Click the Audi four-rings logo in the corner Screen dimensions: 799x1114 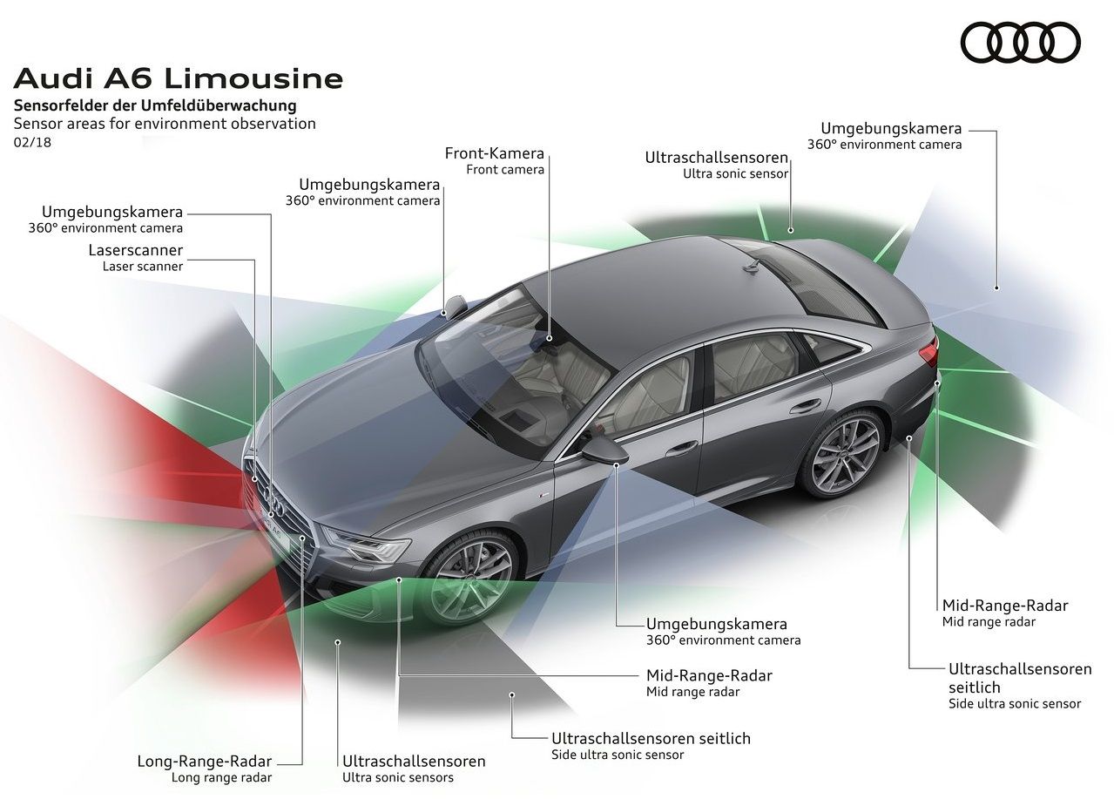tap(1020, 43)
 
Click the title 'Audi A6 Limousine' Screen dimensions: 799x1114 tap(179, 78)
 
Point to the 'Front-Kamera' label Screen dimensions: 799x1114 tap(494, 154)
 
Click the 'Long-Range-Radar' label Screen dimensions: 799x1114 tap(204, 761)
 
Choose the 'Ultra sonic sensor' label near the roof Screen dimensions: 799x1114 tap(736, 173)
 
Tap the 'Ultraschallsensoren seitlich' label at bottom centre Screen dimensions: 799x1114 tap(651, 738)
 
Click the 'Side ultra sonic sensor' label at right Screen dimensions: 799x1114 tap(1014, 703)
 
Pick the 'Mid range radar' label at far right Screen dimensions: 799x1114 tap(989, 622)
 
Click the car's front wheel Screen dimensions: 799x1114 tap(471, 578)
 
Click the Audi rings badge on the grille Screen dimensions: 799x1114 tap(273, 499)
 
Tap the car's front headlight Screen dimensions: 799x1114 tap(366, 546)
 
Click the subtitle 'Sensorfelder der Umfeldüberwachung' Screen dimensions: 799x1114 tap(155, 105)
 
